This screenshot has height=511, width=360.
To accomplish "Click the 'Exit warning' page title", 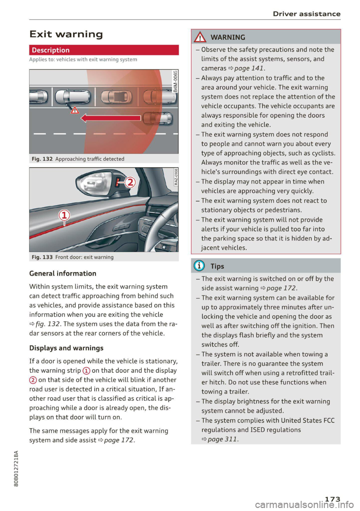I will point(66,34).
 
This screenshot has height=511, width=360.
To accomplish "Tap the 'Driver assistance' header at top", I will point(306,14).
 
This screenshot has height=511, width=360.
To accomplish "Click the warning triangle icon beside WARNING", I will point(200,37).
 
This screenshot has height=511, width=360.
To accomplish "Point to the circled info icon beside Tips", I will point(199,266).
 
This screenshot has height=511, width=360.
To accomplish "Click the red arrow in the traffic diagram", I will point(111,118).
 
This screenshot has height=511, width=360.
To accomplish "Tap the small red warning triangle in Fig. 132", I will point(75,110).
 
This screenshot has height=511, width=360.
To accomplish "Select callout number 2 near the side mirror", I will point(130,182).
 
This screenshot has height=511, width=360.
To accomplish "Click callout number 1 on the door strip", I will point(64,215).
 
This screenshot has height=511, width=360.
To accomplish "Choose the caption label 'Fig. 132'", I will point(42,159).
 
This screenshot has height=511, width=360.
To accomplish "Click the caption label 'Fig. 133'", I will point(42,257).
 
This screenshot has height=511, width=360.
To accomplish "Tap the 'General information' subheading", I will point(63,273).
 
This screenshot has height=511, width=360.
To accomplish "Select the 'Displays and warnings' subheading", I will point(66,348).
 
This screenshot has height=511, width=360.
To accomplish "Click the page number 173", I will point(332,499).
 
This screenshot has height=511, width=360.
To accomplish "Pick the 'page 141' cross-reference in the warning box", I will point(249,68).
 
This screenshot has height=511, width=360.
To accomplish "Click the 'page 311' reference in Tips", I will point(223,439).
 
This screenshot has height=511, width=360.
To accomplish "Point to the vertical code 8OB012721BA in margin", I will point(16,468).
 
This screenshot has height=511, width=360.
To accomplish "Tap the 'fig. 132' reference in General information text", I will point(48,324).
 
